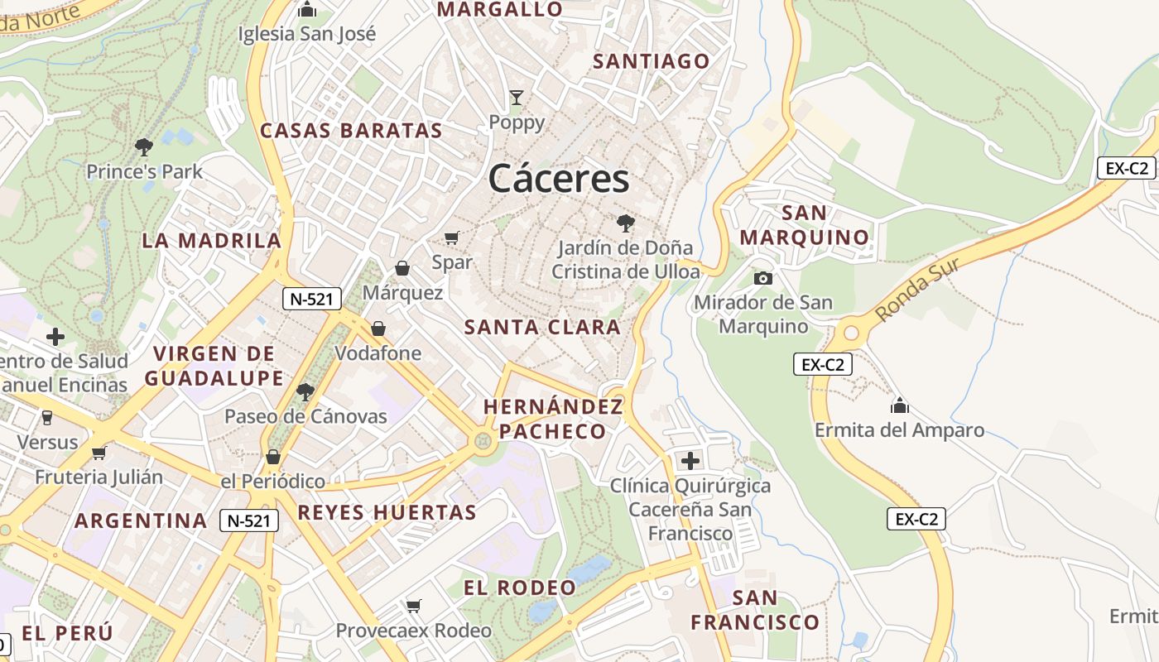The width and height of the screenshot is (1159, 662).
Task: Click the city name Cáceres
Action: tap(559, 178)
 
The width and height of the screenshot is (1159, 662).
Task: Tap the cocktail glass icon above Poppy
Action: tap(517, 98)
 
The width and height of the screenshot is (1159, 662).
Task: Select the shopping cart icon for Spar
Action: tap(451, 238)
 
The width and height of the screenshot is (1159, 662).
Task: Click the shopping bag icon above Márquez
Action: tap(402, 268)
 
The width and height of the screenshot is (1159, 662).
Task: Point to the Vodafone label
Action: tap(378, 353)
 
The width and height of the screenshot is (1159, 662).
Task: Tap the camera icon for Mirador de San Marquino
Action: tap(763, 278)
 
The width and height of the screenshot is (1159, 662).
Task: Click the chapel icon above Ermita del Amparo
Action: tap(899, 405)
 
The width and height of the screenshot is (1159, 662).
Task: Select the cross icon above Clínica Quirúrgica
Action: tap(690, 461)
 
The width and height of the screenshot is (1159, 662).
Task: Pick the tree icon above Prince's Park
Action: tap(144, 147)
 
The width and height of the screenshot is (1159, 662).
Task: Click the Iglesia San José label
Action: tap(306, 34)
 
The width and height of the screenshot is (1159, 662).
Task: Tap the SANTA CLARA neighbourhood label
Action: tap(542, 327)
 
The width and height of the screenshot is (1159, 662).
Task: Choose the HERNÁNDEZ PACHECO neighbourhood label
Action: tap(553, 419)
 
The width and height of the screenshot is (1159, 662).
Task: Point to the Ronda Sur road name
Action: tap(916, 290)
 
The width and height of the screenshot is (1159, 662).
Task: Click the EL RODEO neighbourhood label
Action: tap(519, 588)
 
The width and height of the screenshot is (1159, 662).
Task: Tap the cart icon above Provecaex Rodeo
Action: tap(414, 606)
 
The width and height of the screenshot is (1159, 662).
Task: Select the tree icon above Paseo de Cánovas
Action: tap(305, 391)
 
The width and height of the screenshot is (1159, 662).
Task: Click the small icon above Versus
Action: tap(47, 417)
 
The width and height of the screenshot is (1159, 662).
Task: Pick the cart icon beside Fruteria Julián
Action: tap(99, 453)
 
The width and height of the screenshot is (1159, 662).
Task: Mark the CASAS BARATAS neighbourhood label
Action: tap(351, 131)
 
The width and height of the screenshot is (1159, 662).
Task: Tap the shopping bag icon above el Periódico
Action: tap(273, 457)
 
